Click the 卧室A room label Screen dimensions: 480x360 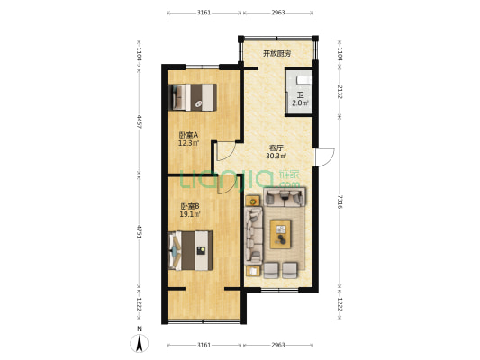click(x=188, y=135)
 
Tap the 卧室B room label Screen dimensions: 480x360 click(x=189, y=206)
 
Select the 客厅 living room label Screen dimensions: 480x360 click(x=276, y=148)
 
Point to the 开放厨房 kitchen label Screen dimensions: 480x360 click(x=277, y=54)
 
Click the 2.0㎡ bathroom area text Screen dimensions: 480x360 click(x=300, y=103)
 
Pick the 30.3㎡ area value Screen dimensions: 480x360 click(x=276, y=156)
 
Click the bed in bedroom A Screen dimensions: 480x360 click(x=193, y=97)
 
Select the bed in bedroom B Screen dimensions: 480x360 click(x=190, y=250)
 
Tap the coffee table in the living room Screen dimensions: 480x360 click(x=280, y=234)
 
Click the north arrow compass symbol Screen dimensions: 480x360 click(x=140, y=343)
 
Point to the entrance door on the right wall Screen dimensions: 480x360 click(x=325, y=157)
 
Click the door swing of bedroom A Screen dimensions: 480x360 click(x=226, y=151)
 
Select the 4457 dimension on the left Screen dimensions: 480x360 click(x=140, y=121)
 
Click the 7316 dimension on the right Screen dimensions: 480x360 click(x=340, y=202)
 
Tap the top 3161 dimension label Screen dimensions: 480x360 click(x=204, y=13)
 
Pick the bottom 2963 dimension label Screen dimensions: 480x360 click(x=278, y=345)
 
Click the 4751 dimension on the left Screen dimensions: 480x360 click(x=140, y=232)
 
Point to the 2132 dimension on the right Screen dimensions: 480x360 click(x=340, y=92)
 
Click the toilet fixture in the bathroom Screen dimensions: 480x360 click(x=304, y=80)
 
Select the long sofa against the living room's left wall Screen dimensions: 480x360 click(x=253, y=236)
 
